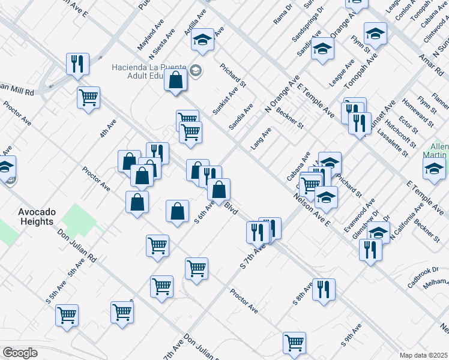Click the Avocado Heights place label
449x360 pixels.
37,217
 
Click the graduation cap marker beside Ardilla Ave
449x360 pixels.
203,40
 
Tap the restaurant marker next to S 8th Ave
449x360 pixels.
324,290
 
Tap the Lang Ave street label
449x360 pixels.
261,138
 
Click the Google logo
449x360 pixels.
20,353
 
